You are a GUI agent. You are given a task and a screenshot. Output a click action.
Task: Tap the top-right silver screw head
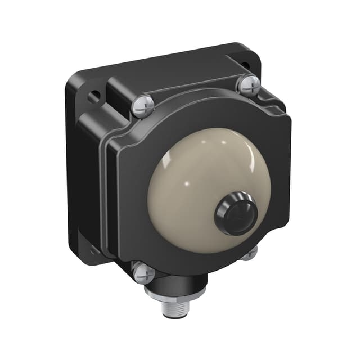tap(248, 85)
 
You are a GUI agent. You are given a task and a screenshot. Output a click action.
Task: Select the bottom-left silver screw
tap(143, 273)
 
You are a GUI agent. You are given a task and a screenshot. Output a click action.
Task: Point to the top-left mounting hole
tap(94, 96)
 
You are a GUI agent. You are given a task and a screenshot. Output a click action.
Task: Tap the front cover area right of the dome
tap(276, 186)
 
